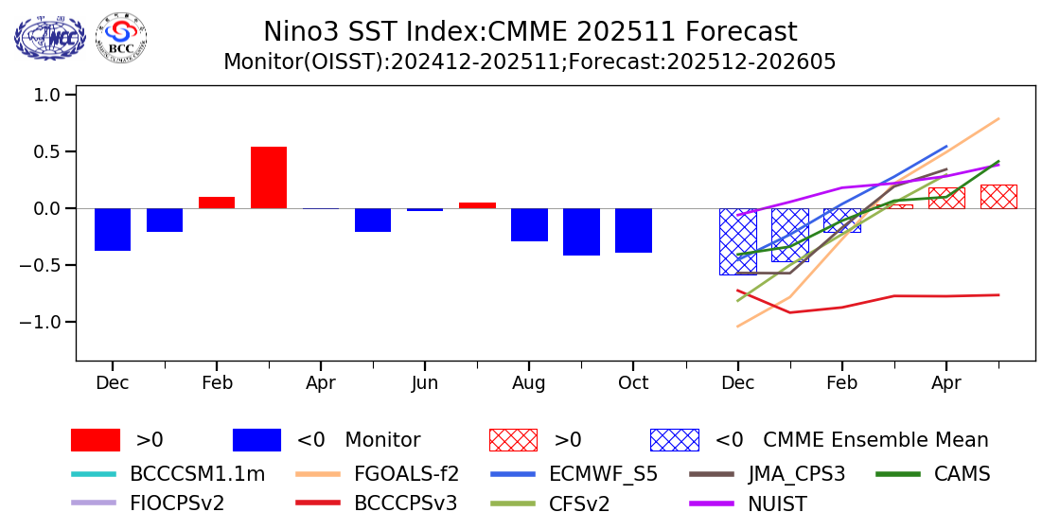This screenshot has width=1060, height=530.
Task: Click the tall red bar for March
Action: tap(269, 177)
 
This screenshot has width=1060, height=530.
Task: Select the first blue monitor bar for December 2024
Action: tap(113, 229)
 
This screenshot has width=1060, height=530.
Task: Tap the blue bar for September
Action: tap(581, 232)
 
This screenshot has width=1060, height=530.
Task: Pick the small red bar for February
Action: tap(217, 203)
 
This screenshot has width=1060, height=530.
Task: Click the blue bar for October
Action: tap(633, 230)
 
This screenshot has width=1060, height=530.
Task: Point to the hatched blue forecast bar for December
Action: tap(737, 241)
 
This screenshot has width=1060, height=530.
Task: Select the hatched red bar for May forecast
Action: tap(998, 197)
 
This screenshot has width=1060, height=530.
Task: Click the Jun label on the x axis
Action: tap(425, 382)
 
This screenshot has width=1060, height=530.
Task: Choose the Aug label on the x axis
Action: tap(529, 382)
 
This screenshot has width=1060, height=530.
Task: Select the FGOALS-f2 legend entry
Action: tap(406, 474)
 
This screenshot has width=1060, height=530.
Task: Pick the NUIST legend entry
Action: tap(776, 503)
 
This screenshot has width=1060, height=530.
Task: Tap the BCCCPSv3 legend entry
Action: tap(405, 503)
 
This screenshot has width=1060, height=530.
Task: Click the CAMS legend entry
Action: tap(962, 474)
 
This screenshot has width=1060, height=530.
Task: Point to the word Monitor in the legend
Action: tap(382, 440)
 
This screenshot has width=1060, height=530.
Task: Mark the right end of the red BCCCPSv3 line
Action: tap(998, 295)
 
